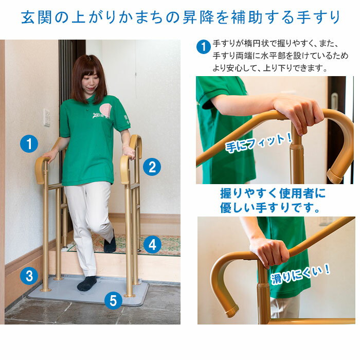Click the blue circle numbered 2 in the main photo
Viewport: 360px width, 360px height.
[152, 167]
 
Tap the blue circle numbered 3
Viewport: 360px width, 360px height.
[29, 276]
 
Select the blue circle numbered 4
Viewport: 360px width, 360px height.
[153, 245]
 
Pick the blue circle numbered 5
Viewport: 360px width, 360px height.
[113, 300]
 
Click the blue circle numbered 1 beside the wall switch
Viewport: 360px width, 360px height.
[29, 144]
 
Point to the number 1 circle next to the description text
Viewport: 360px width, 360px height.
[204, 47]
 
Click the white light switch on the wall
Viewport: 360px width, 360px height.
[47, 118]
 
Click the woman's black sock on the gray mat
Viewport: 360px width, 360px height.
[87, 283]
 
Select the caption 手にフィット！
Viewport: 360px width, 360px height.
[259, 143]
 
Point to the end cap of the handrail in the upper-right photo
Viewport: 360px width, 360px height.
[334, 176]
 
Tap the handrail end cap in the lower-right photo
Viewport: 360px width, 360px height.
[231, 311]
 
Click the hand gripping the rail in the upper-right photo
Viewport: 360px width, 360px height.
[298, 113]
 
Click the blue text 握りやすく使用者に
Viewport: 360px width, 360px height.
[273, 193]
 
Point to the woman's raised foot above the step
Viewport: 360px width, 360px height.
[110, 244]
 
